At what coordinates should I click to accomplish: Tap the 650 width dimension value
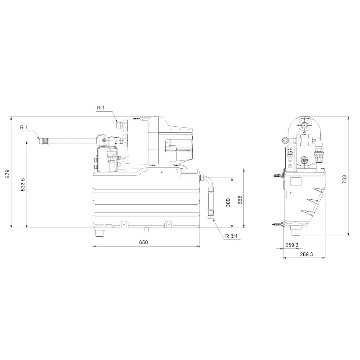(144, 242)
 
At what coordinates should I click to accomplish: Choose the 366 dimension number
(240, 199)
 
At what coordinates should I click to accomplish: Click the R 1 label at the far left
(24, 128)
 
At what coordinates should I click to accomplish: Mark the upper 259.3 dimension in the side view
(292, 245)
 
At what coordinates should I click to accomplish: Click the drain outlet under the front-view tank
(99, 232)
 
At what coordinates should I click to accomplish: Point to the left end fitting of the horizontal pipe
(43, 141)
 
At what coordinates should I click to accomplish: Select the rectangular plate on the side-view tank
(296, 182)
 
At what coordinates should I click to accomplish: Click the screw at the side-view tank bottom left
(275, 224)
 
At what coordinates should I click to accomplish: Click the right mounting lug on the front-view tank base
(169, 224)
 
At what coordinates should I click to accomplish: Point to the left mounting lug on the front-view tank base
(123, 224)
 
